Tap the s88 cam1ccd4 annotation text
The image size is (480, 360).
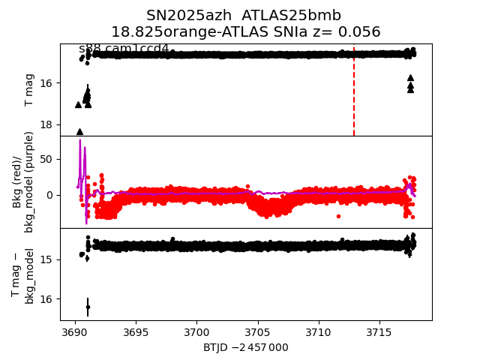point(124,49)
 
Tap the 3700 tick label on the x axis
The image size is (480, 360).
point(196,331)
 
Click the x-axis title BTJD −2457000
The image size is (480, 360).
point(245,347)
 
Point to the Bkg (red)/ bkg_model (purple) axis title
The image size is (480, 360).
point(23,181)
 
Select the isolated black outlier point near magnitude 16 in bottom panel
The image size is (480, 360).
point(88,307)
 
